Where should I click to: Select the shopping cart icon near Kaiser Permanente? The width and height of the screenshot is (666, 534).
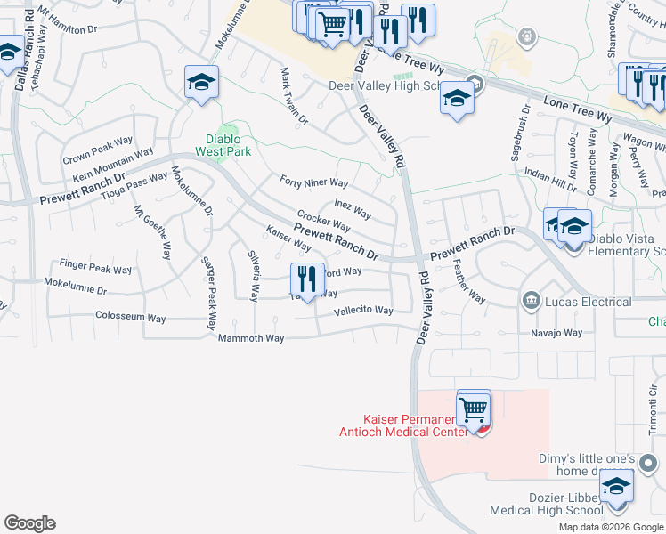click(474, 410)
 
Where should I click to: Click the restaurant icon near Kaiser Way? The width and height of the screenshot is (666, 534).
click(306, 279)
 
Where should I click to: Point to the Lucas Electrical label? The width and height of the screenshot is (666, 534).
click(589, 302)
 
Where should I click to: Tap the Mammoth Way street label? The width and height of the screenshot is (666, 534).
click(251, 338)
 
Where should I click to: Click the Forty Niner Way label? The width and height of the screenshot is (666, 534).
click(313, 182)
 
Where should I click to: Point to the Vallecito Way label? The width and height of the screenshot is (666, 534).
click(363, 311)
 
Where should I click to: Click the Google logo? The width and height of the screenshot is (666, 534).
click(29, 523)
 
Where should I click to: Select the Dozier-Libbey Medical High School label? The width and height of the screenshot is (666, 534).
click(546, 504)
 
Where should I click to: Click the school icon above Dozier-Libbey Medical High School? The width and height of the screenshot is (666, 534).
click(615, 485)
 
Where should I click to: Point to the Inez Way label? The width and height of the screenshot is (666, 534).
click(353, 208)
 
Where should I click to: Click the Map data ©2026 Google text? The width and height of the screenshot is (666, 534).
click(610, 527)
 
